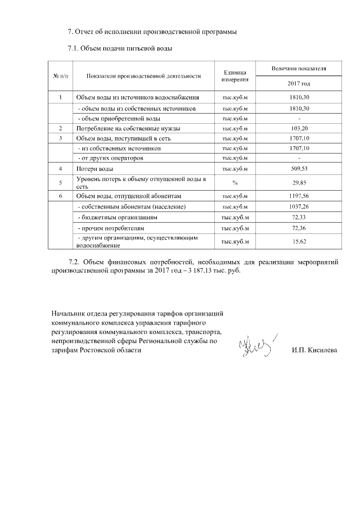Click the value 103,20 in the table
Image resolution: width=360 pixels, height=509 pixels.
click(299, 129)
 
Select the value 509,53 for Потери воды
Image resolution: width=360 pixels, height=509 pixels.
click(299, 169)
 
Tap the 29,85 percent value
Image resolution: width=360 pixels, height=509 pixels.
click(299, 182)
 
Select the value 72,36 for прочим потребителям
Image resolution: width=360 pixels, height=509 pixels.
click(299, 229)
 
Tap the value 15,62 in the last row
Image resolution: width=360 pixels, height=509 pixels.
click(299, 241)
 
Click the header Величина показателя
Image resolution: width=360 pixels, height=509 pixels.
click(299, 68)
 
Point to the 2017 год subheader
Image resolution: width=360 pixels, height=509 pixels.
click(299, 84)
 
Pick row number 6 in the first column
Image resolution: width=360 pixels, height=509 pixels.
click(60, 196)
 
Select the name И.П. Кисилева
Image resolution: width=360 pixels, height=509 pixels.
click(314, 350)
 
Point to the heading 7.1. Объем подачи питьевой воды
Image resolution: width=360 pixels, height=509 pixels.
click(119, 48)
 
